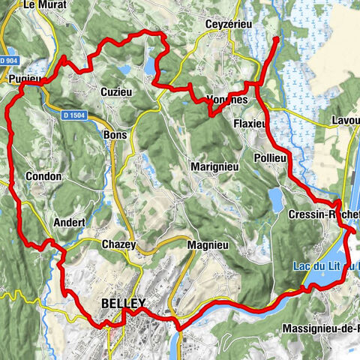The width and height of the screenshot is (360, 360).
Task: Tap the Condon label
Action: [x=43, y=177]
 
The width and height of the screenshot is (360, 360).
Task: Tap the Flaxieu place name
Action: [x=249, y=123]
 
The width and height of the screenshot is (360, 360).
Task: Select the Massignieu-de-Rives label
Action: [x=321, y=328]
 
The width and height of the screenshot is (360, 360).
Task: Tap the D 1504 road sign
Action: [x=74, y=114]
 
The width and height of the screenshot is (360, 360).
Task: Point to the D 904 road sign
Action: [x=10, y=60]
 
